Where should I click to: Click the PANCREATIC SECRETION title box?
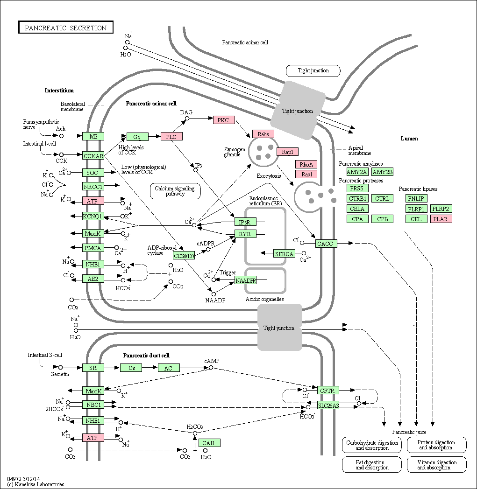[x=65, y=27]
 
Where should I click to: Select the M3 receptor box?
[x=93, y=136]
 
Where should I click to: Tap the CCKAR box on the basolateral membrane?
[x=93, y=156]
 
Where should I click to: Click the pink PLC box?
[x=171, y=137]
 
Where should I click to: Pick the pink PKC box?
[x=224, y=120]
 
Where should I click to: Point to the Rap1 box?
[x=287, y=152]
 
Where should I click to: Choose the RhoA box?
[x=306, y=164]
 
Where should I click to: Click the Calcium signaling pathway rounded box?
[x=175, y=191]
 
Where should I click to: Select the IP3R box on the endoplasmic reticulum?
[x=245, y=222]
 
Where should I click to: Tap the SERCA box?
[x=284, y=254]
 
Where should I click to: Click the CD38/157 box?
[x=184, y=256]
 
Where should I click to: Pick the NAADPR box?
[x=245, y=280]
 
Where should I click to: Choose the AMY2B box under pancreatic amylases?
[x=383, y=172]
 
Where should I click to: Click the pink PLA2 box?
[x=441, y=219]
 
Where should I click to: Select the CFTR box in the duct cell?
[x=328, y=390]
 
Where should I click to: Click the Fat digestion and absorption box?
[x=372, y=465]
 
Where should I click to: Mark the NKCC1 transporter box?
[x=93, y=187]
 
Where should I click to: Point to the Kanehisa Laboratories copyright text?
[x=36, y=484]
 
